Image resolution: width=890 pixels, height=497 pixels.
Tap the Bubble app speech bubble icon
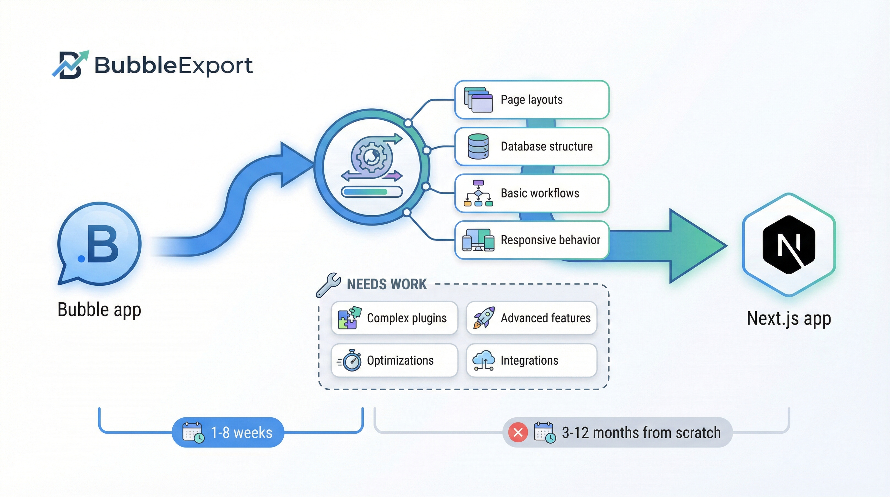(99, 244)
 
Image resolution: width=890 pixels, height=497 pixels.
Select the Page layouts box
(531, 100)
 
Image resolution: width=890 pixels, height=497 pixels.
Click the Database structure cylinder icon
(478, 146)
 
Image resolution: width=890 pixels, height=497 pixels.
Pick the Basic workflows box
(531, 193)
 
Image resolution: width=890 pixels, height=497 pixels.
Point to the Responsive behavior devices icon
(478, 240)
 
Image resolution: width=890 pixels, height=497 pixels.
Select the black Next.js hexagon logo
(789, 245)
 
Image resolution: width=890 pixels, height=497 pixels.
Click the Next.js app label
(789, 318)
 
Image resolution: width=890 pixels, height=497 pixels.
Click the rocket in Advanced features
(484, 318)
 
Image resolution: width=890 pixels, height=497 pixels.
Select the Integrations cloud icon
(484, 360)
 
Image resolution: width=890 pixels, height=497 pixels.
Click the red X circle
(518, 432)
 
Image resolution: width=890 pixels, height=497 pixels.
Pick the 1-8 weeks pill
(228, 432)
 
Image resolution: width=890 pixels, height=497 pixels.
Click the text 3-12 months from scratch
(641, 432)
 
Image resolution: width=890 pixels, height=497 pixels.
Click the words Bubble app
(99, 309)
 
